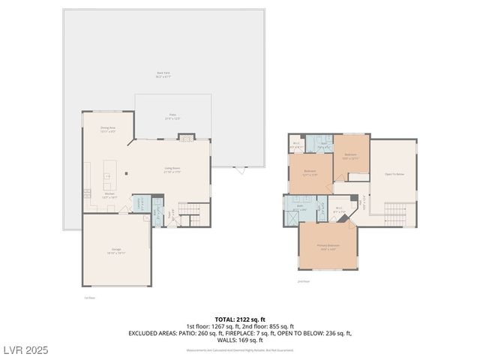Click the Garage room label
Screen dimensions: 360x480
coord(116,250)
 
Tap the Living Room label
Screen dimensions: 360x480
coord(173,169)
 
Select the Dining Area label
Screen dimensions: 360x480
coord(108,129)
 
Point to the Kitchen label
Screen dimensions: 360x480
coord(109,194)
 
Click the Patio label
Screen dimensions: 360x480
coord(172,116)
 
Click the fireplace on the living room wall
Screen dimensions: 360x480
coord(184,137)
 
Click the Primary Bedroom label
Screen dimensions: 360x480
coord(328,246)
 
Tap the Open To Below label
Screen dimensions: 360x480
coord(394,173)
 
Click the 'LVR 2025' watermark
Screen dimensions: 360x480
coord(27,350)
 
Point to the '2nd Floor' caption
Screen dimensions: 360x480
coord(303,281)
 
